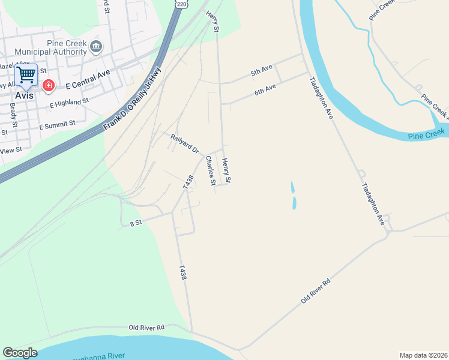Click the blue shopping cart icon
pyautogui.click(x=26, y=75)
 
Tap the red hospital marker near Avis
pyautogui.click(x=48, y=86)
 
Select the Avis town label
pyautogui.click(x=25, y=95)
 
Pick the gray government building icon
pyautogui.click(x=95, y=47)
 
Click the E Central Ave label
pyautogui.click(x=88, y=78)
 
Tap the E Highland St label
pyautogui.click(x=69, y=103)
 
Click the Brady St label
pyautogui.click(x=13, y=113)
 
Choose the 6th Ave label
pyautogui.click(x=265, y=89)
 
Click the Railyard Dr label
pyautogui.click(x=184, y=143)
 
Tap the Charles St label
pyautogui.click(x=210, y=171)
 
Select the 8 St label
pyautogui.click(x=135, y=223)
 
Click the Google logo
pyautogui.click(x=20, y=353)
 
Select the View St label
pyautogui.click(x=12, y=149)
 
